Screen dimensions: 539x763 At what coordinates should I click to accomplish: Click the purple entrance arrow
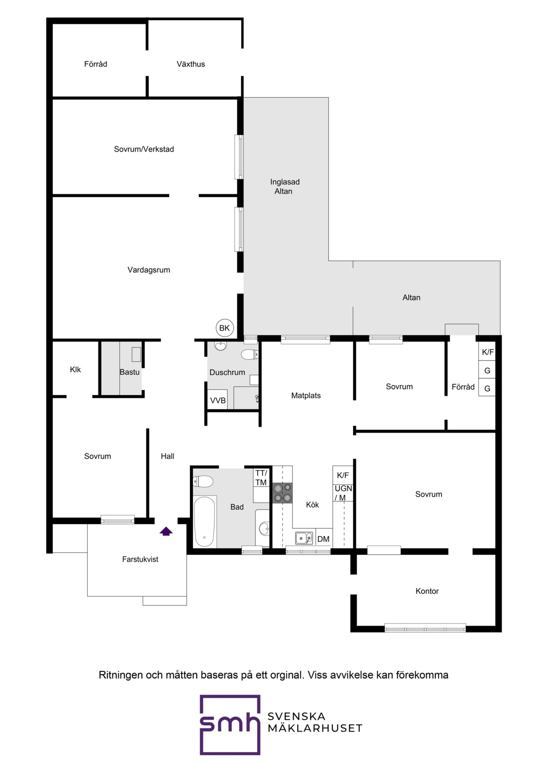[166, 531]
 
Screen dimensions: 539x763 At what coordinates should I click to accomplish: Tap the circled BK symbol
[224, 328]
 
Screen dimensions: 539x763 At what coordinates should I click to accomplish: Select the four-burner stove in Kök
[283, 493]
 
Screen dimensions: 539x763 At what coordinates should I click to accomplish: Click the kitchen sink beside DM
[304, 538]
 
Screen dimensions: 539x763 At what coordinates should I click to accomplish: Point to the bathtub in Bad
[205, 522]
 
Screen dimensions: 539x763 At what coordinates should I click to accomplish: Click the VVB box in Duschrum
[218, 400]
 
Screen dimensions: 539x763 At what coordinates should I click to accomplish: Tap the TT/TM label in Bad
[261, 478]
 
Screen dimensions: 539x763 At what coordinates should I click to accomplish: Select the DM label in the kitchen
[323, 539]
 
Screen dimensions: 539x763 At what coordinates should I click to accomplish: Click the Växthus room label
[191, 64]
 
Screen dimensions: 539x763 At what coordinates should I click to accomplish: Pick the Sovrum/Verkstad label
[144, 149]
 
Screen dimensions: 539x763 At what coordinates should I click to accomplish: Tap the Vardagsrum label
[149, 270]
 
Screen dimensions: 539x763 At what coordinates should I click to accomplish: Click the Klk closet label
[75, 369]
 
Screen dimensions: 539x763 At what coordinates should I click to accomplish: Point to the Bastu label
[129, 372]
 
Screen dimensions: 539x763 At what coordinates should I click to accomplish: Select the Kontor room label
[427, 591]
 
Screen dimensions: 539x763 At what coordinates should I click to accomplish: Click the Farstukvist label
[140, 560]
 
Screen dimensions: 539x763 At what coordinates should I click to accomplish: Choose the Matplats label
[306, 396]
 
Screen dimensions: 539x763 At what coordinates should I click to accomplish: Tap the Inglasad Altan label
[285, 187]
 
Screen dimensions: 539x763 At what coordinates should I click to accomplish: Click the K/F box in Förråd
[488, 352]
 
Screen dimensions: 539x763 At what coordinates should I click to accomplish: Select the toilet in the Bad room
[203, 481]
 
